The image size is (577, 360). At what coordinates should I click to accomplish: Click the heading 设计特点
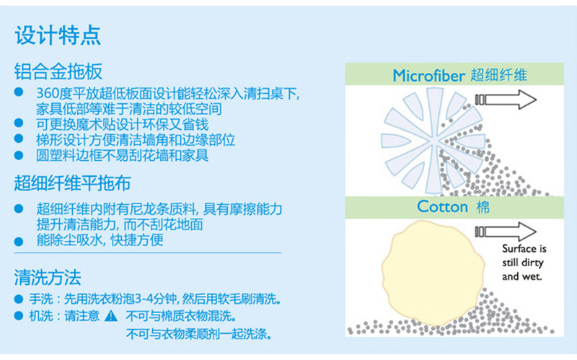58,35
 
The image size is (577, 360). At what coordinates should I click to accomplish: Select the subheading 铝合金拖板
58,71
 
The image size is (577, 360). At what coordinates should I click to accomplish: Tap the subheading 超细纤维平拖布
73,183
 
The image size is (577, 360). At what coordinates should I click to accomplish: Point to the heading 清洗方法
48,277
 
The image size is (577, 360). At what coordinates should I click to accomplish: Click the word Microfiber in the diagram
429,76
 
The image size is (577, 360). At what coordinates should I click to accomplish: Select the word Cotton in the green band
442,206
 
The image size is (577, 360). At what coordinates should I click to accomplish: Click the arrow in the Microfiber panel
506,100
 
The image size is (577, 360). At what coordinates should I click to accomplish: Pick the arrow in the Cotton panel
506,232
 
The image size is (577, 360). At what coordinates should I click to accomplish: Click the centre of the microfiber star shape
433,140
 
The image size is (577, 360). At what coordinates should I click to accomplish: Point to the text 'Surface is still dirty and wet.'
524,263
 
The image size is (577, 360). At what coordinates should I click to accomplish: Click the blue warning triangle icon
111,316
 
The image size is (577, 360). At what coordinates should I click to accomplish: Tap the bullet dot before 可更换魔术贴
19,123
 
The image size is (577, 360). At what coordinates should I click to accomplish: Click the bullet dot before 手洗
19,299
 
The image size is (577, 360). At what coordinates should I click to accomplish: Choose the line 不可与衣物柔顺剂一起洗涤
199,334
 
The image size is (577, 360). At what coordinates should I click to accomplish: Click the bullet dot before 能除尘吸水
19,242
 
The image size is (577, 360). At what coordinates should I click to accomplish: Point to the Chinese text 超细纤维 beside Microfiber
498,76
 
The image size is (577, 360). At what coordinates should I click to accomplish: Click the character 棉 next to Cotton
483,207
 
